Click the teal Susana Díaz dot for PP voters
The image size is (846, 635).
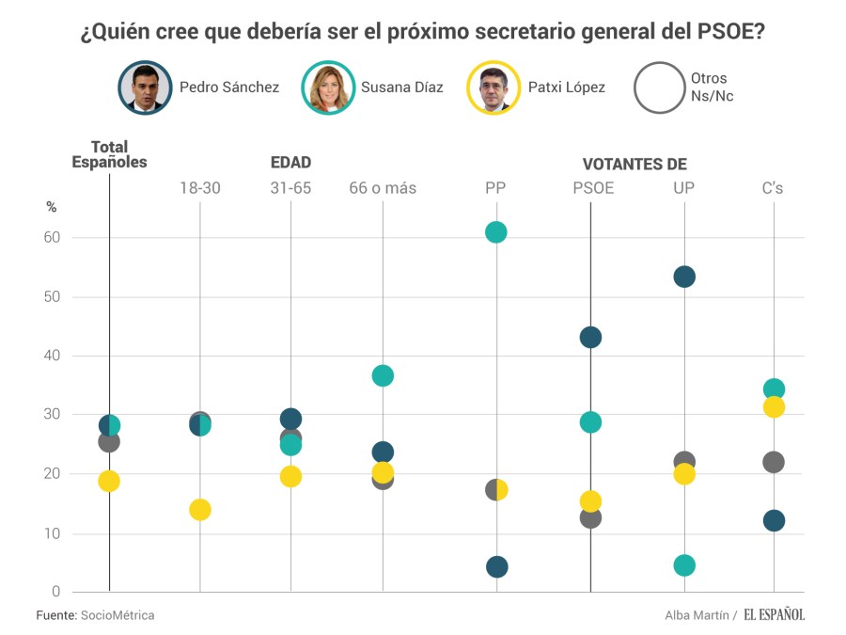[495, 232]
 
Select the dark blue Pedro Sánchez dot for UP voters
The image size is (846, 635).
[684, 277]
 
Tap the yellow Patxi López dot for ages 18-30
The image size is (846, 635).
[199, 510]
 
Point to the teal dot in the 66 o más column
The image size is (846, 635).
[383, 375]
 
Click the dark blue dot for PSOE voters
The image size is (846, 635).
[590, 338]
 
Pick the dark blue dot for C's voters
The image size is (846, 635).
[774, 521]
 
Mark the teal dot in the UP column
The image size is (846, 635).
[684, 565]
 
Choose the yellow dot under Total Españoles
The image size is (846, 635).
[109, 481]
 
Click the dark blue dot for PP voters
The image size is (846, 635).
[497, 566]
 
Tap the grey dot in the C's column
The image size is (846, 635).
[774, 462]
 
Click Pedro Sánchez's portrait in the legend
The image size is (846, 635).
[145, 87]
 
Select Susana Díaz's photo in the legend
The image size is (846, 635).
[328, 87]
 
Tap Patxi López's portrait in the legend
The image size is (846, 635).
[493, 87]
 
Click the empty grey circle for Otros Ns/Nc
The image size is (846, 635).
[660, 87]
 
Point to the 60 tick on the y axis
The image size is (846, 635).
[52, 238]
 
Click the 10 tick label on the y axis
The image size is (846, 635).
[52, 533]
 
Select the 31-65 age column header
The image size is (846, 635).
[290, 188]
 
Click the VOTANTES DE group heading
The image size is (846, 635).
[634, 165]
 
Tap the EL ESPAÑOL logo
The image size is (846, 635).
[775, 615]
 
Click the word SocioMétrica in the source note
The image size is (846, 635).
[117, 615]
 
